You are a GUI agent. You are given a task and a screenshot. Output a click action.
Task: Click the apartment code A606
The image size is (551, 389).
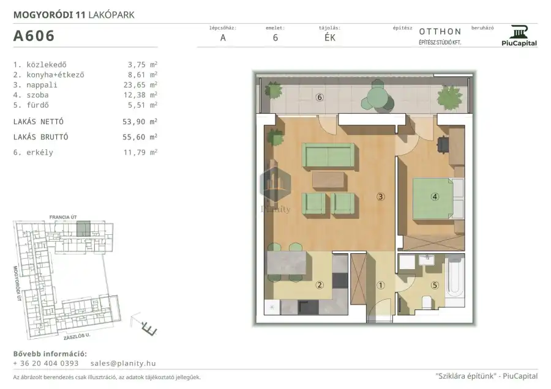point(34,36)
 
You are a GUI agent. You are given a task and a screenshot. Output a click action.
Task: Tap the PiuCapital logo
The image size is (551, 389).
point(519,35)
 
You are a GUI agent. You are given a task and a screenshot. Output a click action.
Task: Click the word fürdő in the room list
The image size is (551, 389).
point(37,105)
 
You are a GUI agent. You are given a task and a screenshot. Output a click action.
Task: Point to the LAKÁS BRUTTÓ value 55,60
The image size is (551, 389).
point(133,137)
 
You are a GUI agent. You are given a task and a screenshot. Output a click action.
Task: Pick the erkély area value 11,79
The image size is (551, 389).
point(134,152)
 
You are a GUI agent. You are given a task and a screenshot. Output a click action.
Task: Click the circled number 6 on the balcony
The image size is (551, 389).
point(320,97)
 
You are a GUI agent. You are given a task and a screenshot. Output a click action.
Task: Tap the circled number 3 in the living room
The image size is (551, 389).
point(381,196)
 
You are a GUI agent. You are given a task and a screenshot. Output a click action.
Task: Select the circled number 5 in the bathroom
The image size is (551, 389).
point(435,285)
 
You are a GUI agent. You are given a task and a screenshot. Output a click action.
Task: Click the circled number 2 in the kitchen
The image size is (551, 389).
point(320,285)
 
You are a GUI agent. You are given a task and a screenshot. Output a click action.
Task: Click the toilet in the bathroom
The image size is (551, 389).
point(427,302)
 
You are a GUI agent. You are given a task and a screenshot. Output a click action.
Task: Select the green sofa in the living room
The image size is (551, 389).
point(329,155)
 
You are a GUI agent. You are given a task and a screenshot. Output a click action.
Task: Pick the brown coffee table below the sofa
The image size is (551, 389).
point(328,180)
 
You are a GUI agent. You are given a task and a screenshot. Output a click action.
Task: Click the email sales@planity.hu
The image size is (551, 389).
point(123,363)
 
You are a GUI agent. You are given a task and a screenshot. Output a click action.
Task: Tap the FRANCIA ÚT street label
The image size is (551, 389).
point(63,217)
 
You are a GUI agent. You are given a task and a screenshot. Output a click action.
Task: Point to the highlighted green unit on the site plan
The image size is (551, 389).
point(83,229)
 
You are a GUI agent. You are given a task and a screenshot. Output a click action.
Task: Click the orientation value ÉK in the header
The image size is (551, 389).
point(329,38)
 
